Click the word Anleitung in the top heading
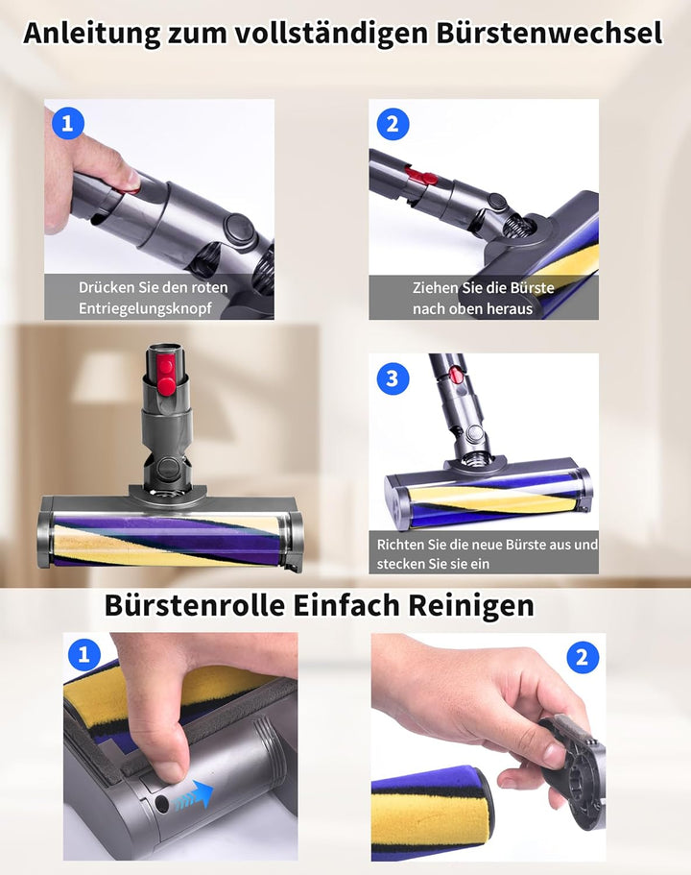[90, 33]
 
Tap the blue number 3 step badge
[392, 377]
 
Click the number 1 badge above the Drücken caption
[67, 123]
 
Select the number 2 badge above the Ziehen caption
[393, 123]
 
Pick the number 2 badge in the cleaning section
[582, 658]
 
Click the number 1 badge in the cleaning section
[85, 656]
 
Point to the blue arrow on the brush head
[194, 794]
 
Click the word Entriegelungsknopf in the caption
[145, 308]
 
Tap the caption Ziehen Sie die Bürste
[483, 287]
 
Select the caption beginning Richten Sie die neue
[487, 545]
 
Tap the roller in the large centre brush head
[168, 544]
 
